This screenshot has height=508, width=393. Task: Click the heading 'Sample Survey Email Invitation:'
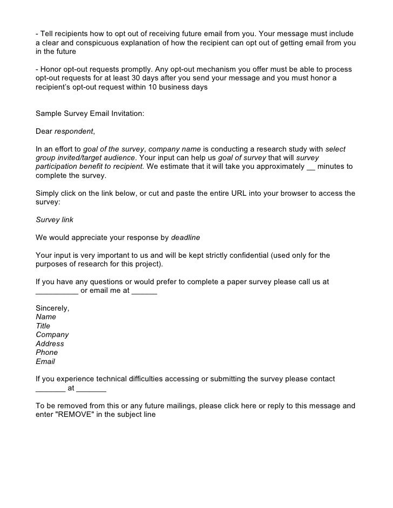pos(90,114)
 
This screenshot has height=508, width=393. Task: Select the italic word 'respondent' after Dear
pos(74,131)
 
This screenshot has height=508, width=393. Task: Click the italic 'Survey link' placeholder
pos(55,219)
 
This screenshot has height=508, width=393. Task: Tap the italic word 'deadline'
pos(186,237)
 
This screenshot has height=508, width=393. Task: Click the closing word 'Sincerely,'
pos(52,308)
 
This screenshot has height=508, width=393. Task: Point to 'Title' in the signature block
pos(43,326)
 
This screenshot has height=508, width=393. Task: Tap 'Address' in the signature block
pos(50,344)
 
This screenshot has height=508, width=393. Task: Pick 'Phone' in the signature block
pos(46,352)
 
